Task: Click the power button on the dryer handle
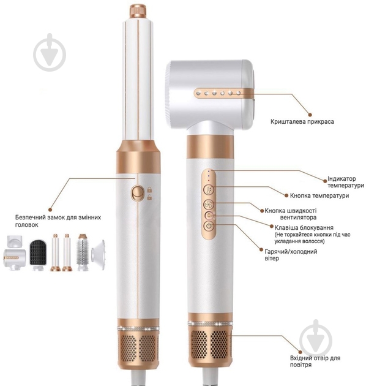click(209, 226)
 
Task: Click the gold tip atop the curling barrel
click(136, 10)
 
